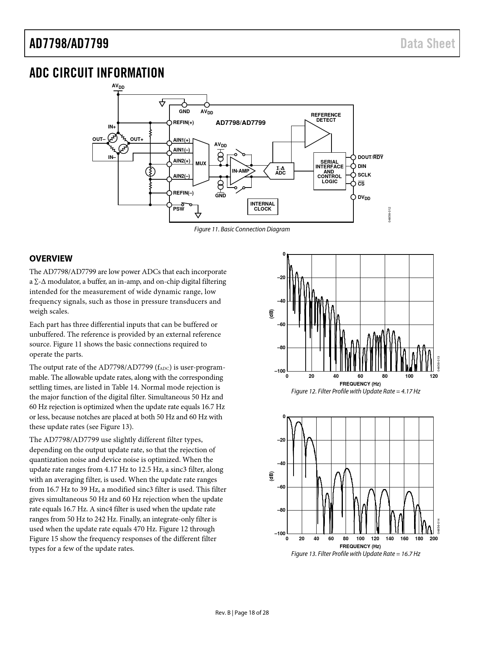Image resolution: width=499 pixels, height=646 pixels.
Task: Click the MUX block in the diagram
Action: pos(201,162)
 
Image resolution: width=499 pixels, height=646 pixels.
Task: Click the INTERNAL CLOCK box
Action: pos(263,206)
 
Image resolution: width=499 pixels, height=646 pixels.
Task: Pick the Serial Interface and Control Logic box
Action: pos(329,171)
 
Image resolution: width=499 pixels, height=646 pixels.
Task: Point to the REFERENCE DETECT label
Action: pos(326,117)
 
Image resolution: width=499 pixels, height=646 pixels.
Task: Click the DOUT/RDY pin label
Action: pos(370,157)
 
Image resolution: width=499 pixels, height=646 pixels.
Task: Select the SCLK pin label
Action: pos(364,175)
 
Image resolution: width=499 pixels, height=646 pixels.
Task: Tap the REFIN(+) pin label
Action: pos(184,123)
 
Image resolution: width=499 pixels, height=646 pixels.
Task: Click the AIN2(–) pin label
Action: pos(181,176)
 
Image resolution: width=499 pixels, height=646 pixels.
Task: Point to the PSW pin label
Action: pos(178,209)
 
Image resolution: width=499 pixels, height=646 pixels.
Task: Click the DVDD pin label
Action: pos(364,197)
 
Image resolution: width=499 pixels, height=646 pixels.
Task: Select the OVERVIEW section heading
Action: pos(51,258)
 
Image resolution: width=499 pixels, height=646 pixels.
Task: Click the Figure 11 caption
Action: pos(242,229)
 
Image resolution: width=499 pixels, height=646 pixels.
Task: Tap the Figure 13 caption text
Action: pos(355,554)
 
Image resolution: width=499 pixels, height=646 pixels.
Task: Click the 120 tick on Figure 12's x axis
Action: pos(434,376)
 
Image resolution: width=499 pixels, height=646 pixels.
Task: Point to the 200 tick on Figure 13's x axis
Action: pos(434,538)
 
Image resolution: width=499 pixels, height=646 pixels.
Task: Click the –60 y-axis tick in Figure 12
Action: pos(281,324)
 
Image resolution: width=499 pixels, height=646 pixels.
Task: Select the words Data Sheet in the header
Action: pos(427,43)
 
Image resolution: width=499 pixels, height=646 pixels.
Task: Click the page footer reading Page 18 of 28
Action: pos(252,612)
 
